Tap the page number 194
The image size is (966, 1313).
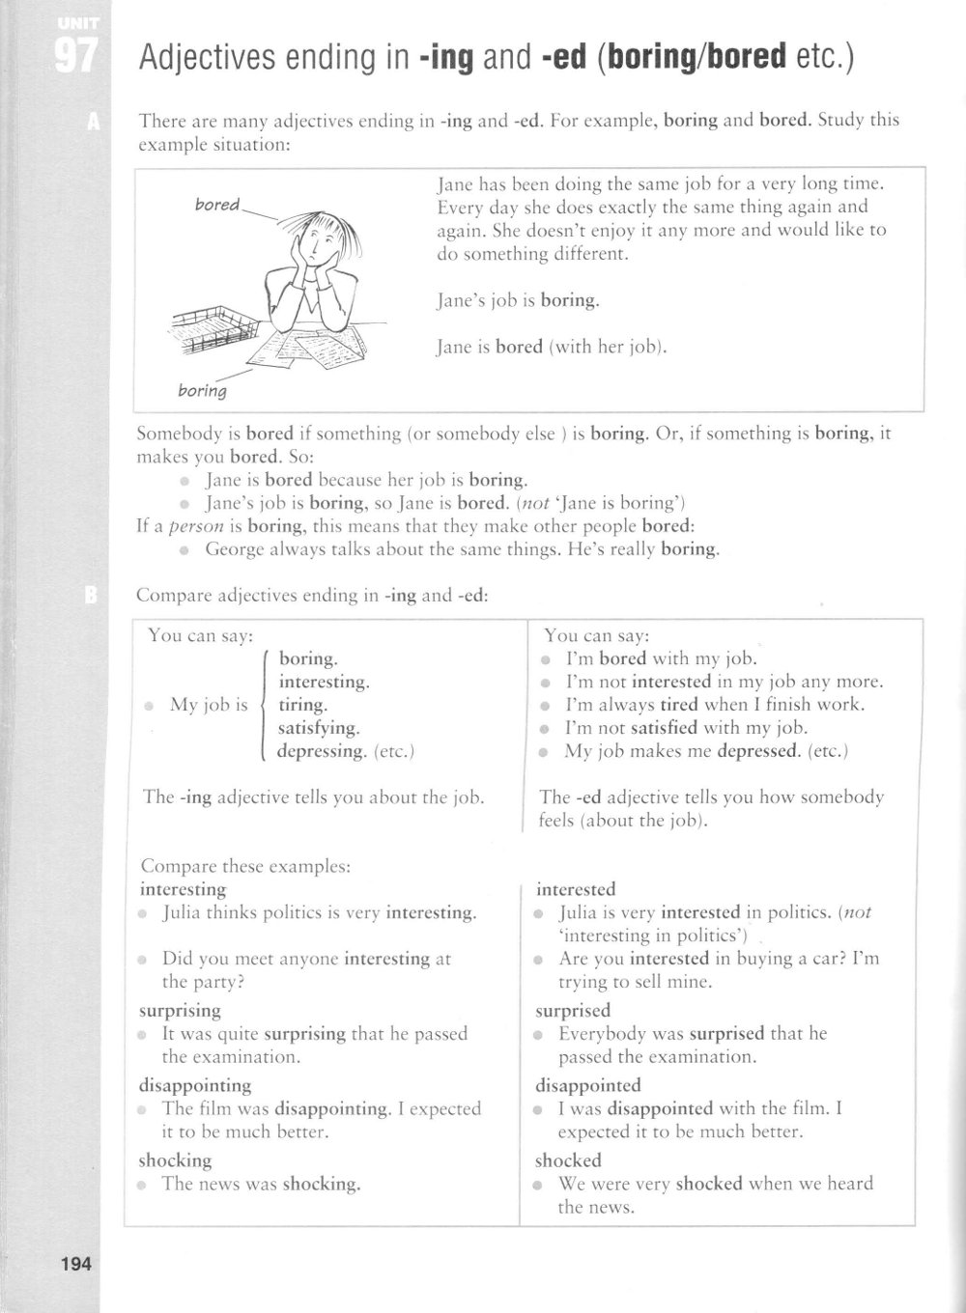click(x=73, y=1262)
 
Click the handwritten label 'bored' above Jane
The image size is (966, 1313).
click(x=217, y=205)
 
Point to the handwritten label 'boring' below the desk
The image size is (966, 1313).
click(x=202, y=391)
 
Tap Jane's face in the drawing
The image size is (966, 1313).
click(x=320, y=242)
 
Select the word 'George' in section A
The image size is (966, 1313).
click(x=236, y=549)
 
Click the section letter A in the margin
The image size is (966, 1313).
click(x=93, y=122)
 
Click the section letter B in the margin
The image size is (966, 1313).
click(x=93, y=596)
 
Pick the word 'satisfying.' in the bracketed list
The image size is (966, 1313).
click(x=319, y=728)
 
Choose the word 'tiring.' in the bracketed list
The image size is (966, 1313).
click(x=303, y=705)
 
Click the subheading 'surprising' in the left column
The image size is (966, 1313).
click(x=180, y=1010)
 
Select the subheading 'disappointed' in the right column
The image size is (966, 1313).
click(x=588, y=1085)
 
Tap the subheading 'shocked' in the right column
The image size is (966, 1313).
click(x=568, y=1160)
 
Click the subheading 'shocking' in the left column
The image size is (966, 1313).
click(x=175, y=1160)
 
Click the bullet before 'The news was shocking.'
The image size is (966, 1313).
click(x=143, y=1185)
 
